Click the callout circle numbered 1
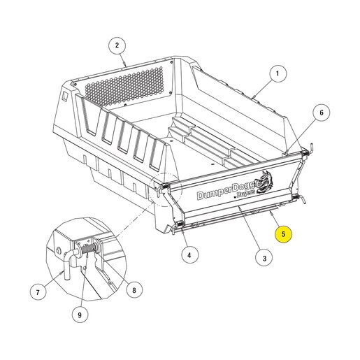(x=278, y=74)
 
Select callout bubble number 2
(x=117, y=45)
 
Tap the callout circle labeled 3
(x=264, y=259)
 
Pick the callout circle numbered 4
(x=189, y=255)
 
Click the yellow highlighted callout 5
(x=283, y=234)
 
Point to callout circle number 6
(x=322, y=113)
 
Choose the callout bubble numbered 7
(x=38, y=292)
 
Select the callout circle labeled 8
(x=134, y=290)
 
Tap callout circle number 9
(x=80, y=315)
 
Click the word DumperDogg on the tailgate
(x=226, y=192)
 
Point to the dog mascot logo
(x=264, y=182)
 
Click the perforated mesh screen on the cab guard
(x=124, y=86)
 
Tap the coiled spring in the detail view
(x=88, y=250)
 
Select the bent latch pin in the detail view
(x=69, y=263)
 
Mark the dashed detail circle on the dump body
(x=166, y=189)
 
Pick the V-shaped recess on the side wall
(x=89, y=116)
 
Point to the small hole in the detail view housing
(x=58, y=250)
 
